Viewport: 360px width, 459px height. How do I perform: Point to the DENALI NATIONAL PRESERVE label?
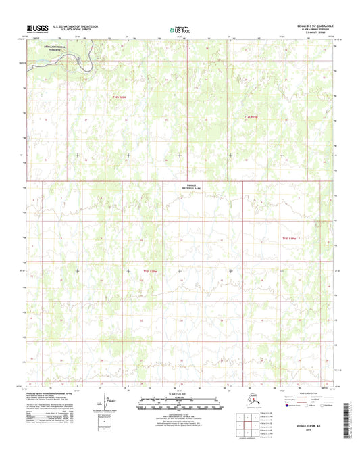pyautogui.click(x=54, y=49)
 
